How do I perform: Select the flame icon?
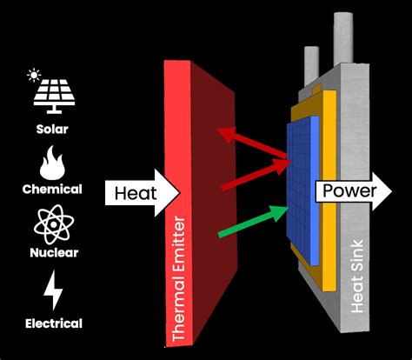pyautogui.click(x=53, y=162)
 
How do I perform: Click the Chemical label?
pyautogui.click(x=53, y=189)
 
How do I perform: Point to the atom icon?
pyautogui.click(x=53, y=224)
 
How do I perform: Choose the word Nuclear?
pyautogui.click(x=53, y=253)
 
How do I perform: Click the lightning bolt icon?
pyautogui.click(x=53, y=290)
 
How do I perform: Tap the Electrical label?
pyautogui.click(x=53, y=323)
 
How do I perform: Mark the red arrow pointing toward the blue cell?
pyautogui.click(x=252, y=174)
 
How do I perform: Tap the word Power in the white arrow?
pyautogui.click(x=348, y=191)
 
